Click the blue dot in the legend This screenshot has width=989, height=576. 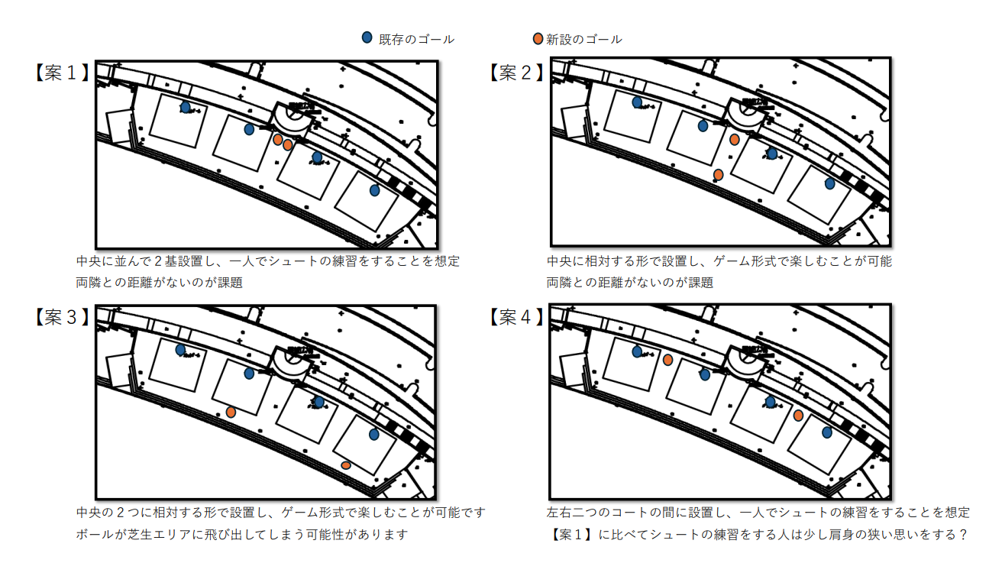[367, 38]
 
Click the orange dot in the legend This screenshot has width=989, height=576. [538, 38]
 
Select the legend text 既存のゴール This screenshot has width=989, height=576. [416, 39]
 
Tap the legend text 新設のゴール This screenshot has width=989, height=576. [584, 39]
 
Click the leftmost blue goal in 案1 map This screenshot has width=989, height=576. [185, 107]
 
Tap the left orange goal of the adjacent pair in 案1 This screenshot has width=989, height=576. [278, 140]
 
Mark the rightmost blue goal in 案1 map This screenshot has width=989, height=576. [374, 190]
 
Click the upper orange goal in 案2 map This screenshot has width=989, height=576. [734, 140]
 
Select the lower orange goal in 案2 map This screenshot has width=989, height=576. [718, 175]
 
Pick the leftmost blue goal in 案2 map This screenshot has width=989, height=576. [637, 102]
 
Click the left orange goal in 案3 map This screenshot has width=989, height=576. [231, 412]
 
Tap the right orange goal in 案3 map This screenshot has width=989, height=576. [346, 465]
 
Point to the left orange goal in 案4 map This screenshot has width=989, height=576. [667, 360]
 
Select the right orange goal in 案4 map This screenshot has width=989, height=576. [798, 416]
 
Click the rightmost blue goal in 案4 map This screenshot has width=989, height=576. [826, 432]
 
